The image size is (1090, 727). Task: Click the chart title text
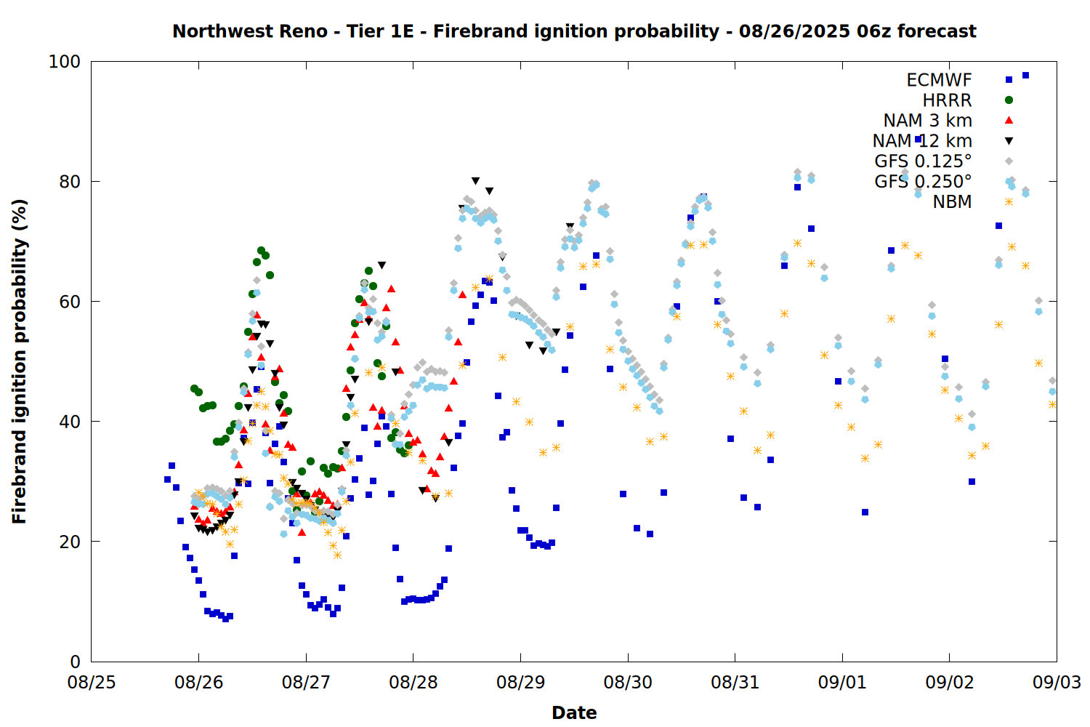574,32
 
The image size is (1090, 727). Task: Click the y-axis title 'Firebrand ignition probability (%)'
20,361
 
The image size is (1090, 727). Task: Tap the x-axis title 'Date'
574,713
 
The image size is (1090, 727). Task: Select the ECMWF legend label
939,80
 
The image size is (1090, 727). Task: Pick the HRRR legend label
947,100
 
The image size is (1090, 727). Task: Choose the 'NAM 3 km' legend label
927,120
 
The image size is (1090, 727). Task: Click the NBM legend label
952,201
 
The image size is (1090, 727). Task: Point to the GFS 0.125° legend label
923,161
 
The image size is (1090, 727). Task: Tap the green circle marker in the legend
1009,100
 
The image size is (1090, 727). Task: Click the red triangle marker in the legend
1009,120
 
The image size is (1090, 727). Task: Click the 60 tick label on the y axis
70,302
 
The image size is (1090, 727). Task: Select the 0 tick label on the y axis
76,662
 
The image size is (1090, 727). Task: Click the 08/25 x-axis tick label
92,683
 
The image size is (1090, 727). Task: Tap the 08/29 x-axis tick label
521,683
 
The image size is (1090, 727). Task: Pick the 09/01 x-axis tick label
842,683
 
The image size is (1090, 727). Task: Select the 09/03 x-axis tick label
1057,683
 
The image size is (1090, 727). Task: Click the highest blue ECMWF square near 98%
1025,76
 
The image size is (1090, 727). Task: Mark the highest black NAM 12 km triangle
475,181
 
